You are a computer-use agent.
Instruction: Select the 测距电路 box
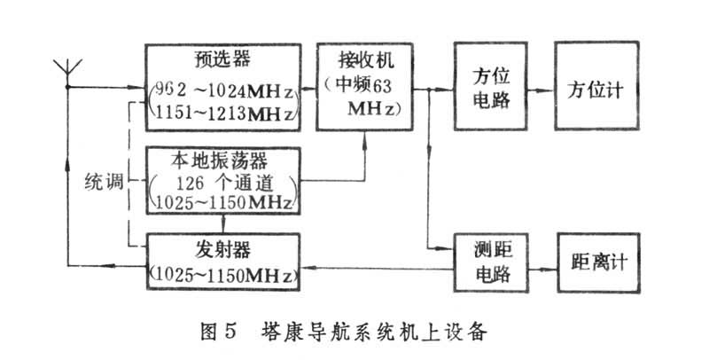pyautogui.click(x=489, y=263)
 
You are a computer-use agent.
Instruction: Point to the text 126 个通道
pyautogui.click(x=223, y=183)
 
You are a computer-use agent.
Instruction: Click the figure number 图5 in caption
pyautogui.click(x=214, y=334)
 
